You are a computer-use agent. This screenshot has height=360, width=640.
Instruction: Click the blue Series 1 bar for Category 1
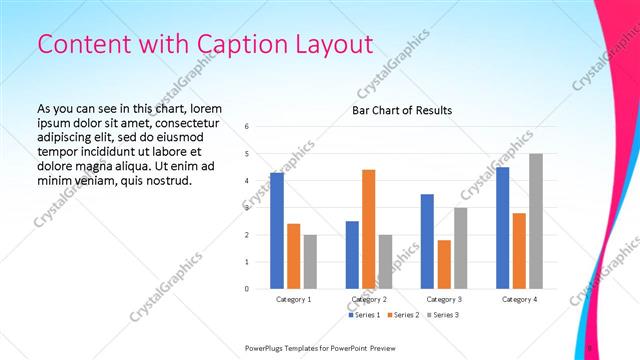tap(277, 231)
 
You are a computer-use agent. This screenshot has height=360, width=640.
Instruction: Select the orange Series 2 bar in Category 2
tap(368, 229)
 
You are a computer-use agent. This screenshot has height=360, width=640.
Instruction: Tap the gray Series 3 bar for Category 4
tap(536, 221)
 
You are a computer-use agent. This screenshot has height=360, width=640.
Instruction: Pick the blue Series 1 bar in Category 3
tap(427, 241)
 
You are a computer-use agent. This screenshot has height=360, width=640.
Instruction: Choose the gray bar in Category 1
tap(310, 261)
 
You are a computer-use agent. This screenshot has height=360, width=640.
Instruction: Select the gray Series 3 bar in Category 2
tap(385, 261)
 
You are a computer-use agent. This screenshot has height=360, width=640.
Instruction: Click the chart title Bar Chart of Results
tap(402, 110)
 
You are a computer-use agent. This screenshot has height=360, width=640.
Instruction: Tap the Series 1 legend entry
tap(363, 315)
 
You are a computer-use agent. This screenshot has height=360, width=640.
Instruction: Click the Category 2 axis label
tap(369, 299)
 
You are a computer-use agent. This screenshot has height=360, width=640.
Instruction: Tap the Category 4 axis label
tap(519, 299)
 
